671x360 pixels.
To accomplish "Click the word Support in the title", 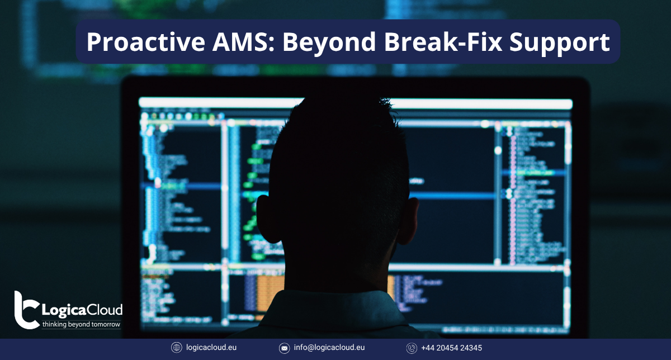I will tap(564, 42).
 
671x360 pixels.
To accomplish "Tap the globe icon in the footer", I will tap(177, 348).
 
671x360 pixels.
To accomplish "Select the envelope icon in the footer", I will tap(285, 348).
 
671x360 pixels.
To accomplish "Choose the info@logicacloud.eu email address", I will tap(329, 348).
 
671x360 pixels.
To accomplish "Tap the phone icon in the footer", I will tap(412, 348).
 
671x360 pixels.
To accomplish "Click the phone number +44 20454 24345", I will tap(452, 348).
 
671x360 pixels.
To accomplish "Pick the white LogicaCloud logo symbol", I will tap(26, 309).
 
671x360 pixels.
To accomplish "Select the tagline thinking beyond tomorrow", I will tap(81, 324).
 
